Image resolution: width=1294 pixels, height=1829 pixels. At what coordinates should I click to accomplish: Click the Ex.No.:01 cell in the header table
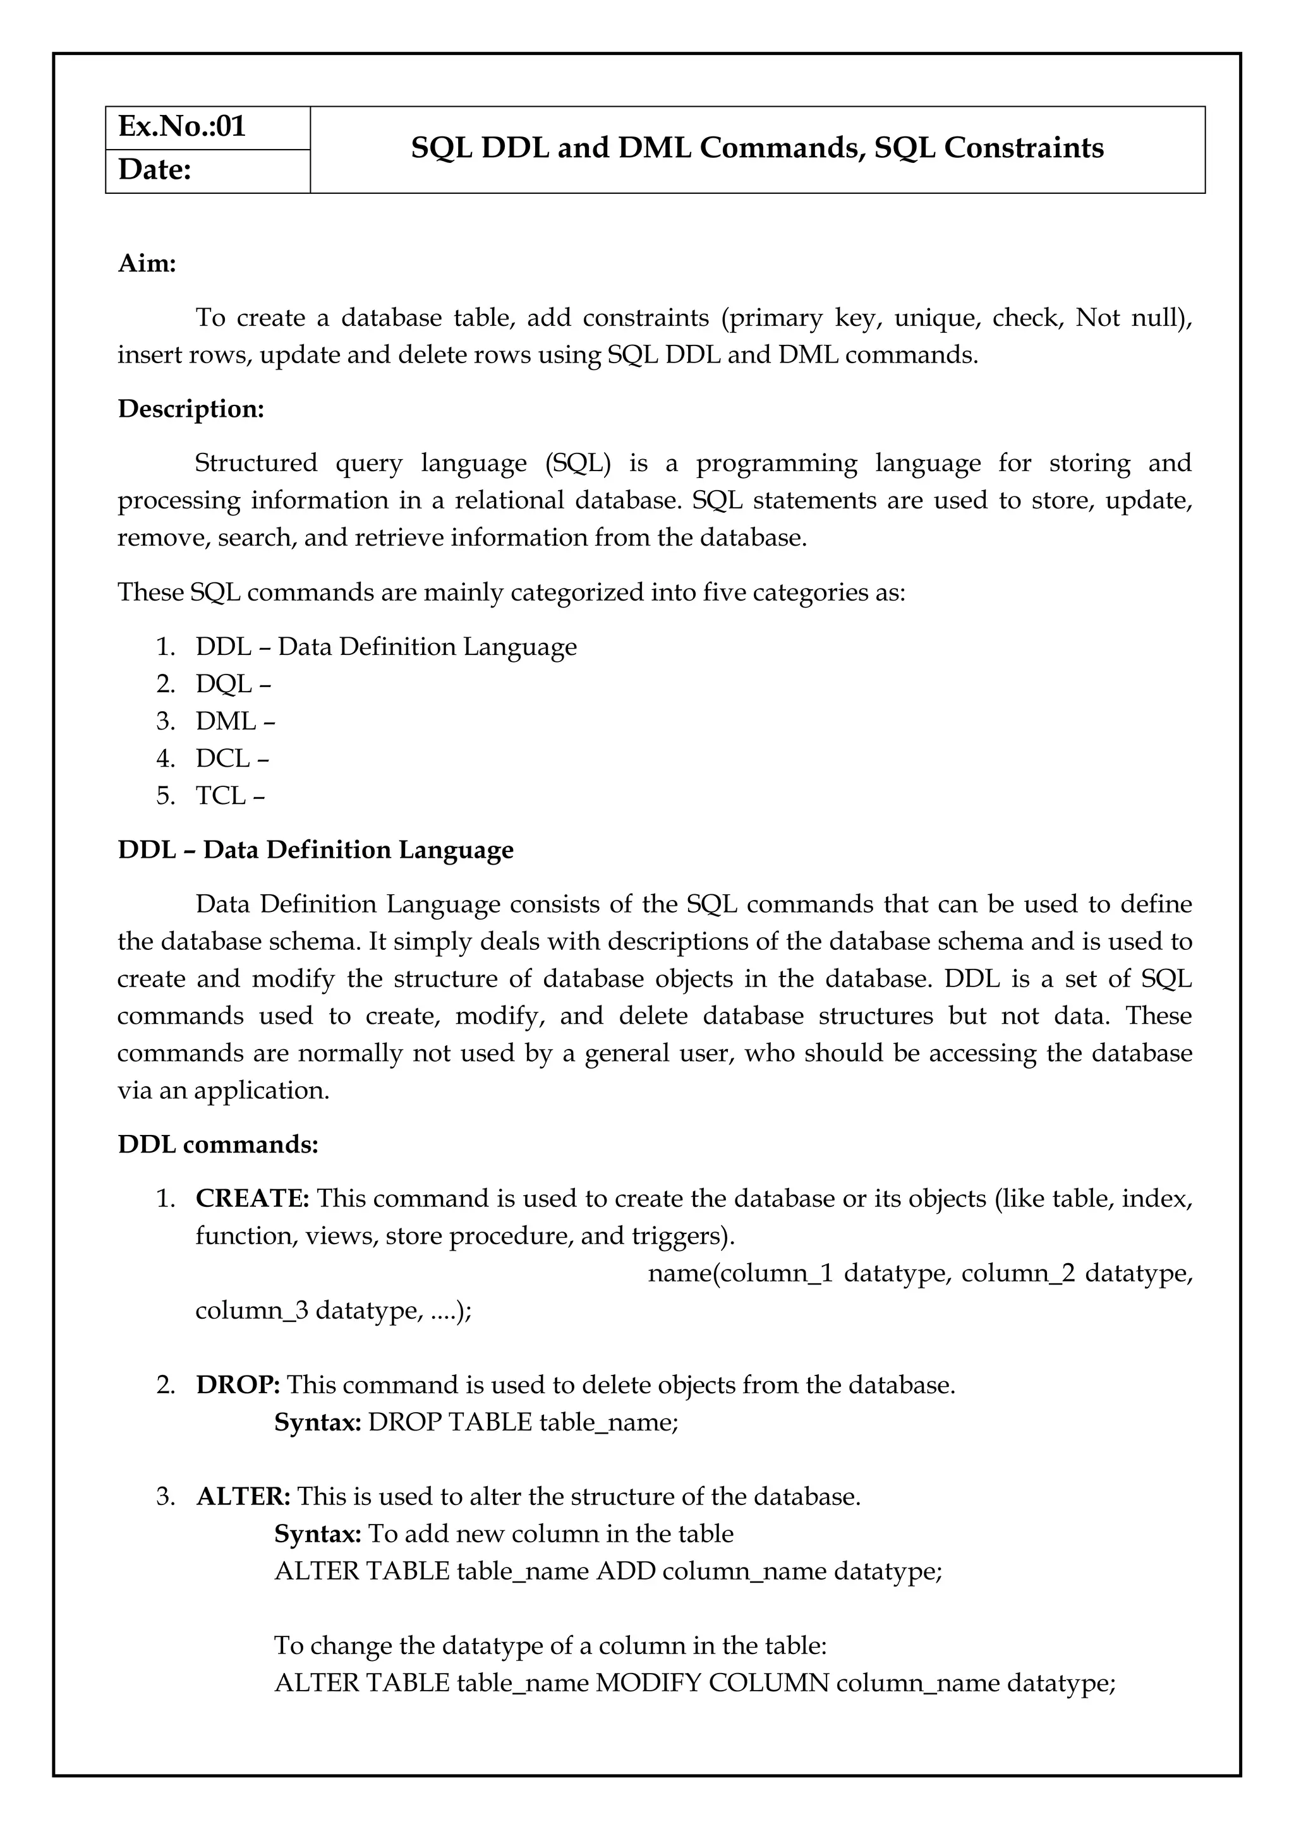click(x=182, y=128)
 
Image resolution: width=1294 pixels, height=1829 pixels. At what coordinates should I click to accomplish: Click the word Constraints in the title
click(x=1023, y=148)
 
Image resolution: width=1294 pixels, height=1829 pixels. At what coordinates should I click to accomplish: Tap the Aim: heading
click(x=147, y=263)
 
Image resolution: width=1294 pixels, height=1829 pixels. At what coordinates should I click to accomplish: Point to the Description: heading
click(x=190, y=409)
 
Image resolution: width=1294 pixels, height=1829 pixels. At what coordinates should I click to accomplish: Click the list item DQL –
click(x=233, y=683)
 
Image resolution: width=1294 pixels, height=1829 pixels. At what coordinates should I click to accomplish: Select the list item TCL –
click(x=229, y=795)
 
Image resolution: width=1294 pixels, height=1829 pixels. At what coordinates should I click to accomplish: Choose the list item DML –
click(x=235, y=721)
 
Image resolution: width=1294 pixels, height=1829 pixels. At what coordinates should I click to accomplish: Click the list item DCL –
click(x=232, y=759)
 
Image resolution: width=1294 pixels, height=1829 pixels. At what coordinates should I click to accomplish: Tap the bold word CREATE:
click(x=253, y=1198)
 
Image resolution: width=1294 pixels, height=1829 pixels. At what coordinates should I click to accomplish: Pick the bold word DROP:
click(x=238, y=1384)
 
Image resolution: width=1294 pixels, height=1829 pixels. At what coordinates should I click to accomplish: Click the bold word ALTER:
click(x=243, y=1496)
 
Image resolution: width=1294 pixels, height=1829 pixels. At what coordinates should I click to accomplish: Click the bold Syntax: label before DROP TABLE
click(x=318, y=1422)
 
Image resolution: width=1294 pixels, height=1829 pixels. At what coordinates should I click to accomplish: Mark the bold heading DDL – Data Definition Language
click(x=315, y=850)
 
